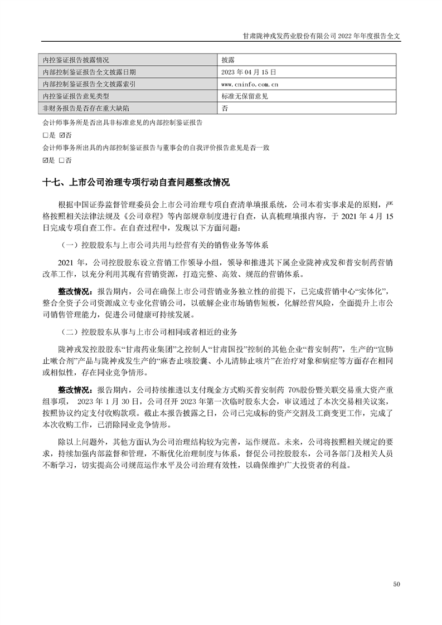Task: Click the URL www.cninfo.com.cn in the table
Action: pyautogui.click(x=250, y=84)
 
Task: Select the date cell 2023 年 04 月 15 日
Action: pyautogui.click(x=249, y=72)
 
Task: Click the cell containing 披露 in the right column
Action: pyautogui.click(x=227, y=60)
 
